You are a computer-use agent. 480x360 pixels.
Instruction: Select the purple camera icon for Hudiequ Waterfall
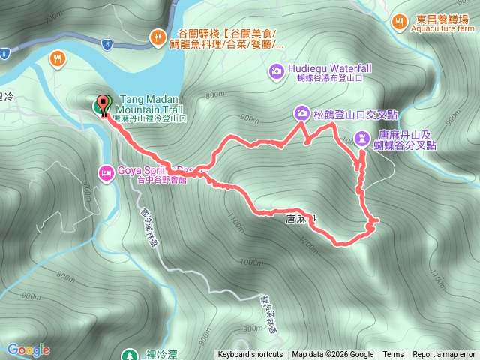click(x=275, y=70)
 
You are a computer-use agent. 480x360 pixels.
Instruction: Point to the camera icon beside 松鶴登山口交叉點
click(x=301, y=113)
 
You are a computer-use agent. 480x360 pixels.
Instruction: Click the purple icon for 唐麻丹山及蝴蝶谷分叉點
click(x=362, y=137)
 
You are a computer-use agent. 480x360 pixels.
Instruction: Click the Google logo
click(x=28, y=349)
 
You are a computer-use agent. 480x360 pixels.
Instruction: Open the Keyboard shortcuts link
click(x=250, y=355)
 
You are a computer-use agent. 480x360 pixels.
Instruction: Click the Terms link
click(x=393, y=355)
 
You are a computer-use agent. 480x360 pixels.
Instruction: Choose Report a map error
click(x=444, y=355)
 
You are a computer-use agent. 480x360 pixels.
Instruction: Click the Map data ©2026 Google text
click(x=332, y=355)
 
